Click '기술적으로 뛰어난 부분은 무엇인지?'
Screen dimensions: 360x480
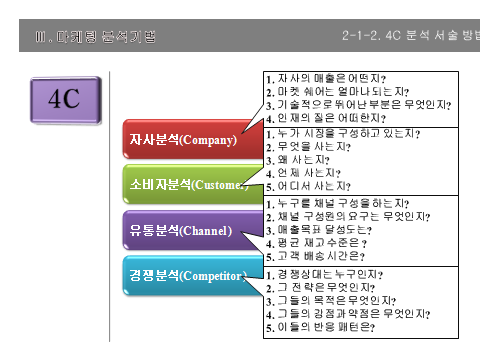(358, 105)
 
